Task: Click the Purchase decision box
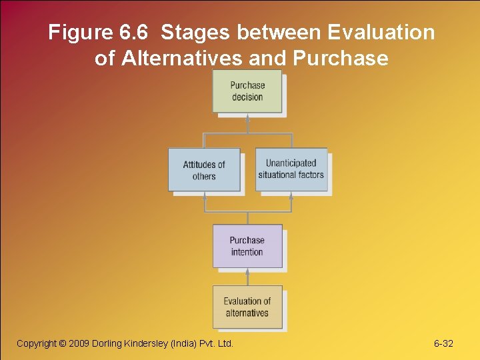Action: tap(247, 91)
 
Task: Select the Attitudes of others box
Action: tap(204, 170)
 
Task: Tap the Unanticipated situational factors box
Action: tap(291, 169)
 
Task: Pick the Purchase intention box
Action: tap(247, 246)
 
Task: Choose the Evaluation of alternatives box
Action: tap(247, 307)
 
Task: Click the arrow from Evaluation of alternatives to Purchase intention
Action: tap(247, 277)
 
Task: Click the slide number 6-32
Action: tap(443, 343)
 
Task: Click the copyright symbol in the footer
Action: tap(63, 343)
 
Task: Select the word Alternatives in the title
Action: tap(181, 58)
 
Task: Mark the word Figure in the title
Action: tap(73, 33)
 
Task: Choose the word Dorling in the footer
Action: tap(113, 343)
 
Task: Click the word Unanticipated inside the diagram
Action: tap(291, 163)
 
